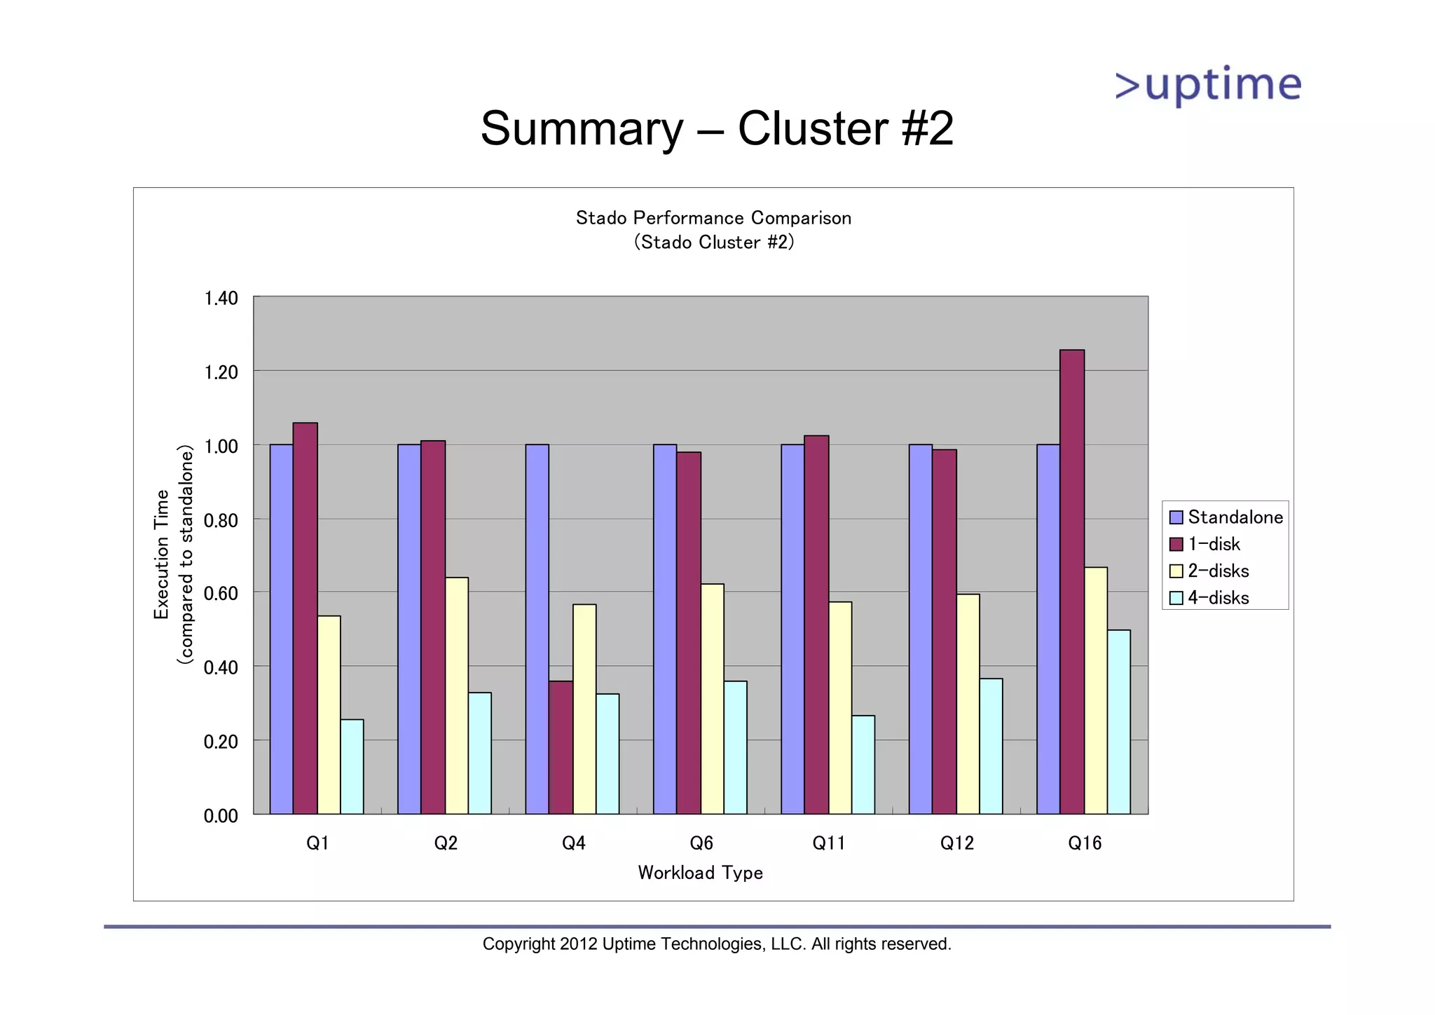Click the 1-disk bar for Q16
coord(1071,582)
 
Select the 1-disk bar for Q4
coord(561,747)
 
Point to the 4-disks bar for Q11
coord(863,764)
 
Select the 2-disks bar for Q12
coord(968,704)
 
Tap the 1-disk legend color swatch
coord(1176,545)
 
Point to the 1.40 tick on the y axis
coord(221,299)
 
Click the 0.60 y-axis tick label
coord(221,594)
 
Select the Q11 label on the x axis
coord(828,843)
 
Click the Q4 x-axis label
coord(573,843)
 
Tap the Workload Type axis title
coord(700,873)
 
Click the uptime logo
coord(1208,86)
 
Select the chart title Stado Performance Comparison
coord(713,218)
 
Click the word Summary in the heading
coord(582,129)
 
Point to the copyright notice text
coord(717,944)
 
